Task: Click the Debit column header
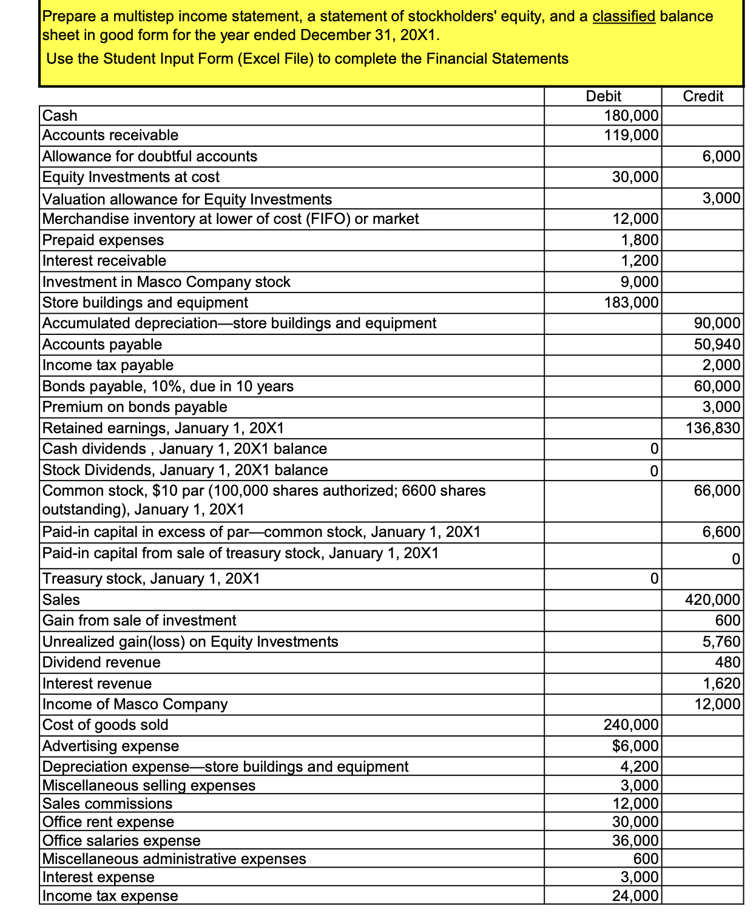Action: [x=603, y=96]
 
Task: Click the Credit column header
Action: [x=703, y=96]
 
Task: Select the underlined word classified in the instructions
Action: [x=623, y=16]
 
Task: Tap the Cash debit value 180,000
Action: [x=631, y=115]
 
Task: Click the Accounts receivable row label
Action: [x=110, y=135]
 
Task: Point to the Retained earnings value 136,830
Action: [x=713, y=428]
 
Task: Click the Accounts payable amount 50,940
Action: [x=717, y=345]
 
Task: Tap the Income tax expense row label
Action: [x=110, y=896]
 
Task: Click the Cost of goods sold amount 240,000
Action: [x=631, y=725]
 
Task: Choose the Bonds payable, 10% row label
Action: [x=168, y=386]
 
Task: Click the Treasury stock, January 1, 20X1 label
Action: [x=151, y=579]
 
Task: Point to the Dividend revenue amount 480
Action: [x=728, y=663]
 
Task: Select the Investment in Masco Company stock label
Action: [x=166, y=282]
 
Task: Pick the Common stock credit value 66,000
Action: [x=717, y=491]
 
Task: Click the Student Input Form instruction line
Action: [x=307, y=59]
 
